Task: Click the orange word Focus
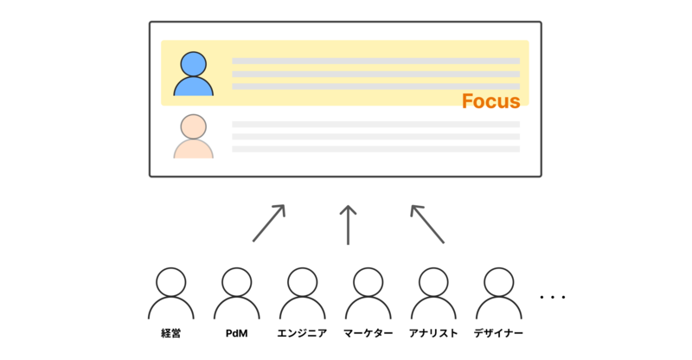[x=490, y=101]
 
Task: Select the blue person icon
[x=193, y=75]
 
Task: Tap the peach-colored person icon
[x=193, y=138]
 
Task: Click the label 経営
[x=171, y=333]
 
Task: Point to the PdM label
[x=236, y=333]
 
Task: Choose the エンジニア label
[x=302, y=333]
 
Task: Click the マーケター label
[x=368, y=333]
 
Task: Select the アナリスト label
[x=432, y=333]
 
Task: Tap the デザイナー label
[x=498, y=333]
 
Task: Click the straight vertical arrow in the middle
[x=348, y=225]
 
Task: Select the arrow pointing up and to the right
[x=268, y=223]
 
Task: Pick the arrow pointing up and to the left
[x=427, y=223]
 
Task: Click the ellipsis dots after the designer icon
[x=552, y=297]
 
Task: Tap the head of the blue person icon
[x=193, y=64]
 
